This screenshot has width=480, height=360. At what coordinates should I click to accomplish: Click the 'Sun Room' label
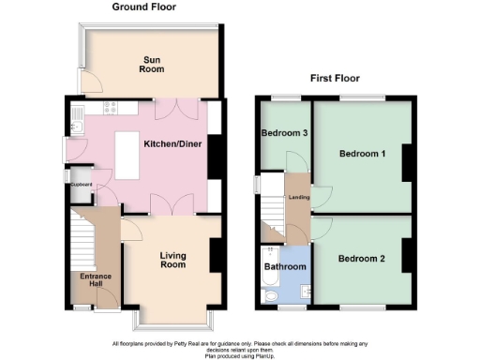[x=152, y=63]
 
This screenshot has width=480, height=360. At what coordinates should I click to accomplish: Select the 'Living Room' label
[x=173, y=261]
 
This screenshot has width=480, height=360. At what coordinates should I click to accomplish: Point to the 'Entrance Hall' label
[x=96, y=281]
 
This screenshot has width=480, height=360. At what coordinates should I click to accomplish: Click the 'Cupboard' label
[x=80, y=185]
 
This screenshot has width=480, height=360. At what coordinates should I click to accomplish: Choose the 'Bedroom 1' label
[x=363, y=153]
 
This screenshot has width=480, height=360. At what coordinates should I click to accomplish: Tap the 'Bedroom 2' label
[x=362, y=258]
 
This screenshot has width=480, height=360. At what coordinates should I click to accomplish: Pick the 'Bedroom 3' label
[x=285, y=132]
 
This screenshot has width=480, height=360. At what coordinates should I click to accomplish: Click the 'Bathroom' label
[x=284, y=267]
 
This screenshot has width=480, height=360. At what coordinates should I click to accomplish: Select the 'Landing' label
[x=299, y=197]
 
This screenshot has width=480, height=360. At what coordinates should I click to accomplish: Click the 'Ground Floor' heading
[x=146, y=7]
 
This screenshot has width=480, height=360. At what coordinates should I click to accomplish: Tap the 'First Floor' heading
[x=336, y=79]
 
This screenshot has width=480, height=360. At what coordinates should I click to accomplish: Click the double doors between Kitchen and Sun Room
[x=172, y=107]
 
